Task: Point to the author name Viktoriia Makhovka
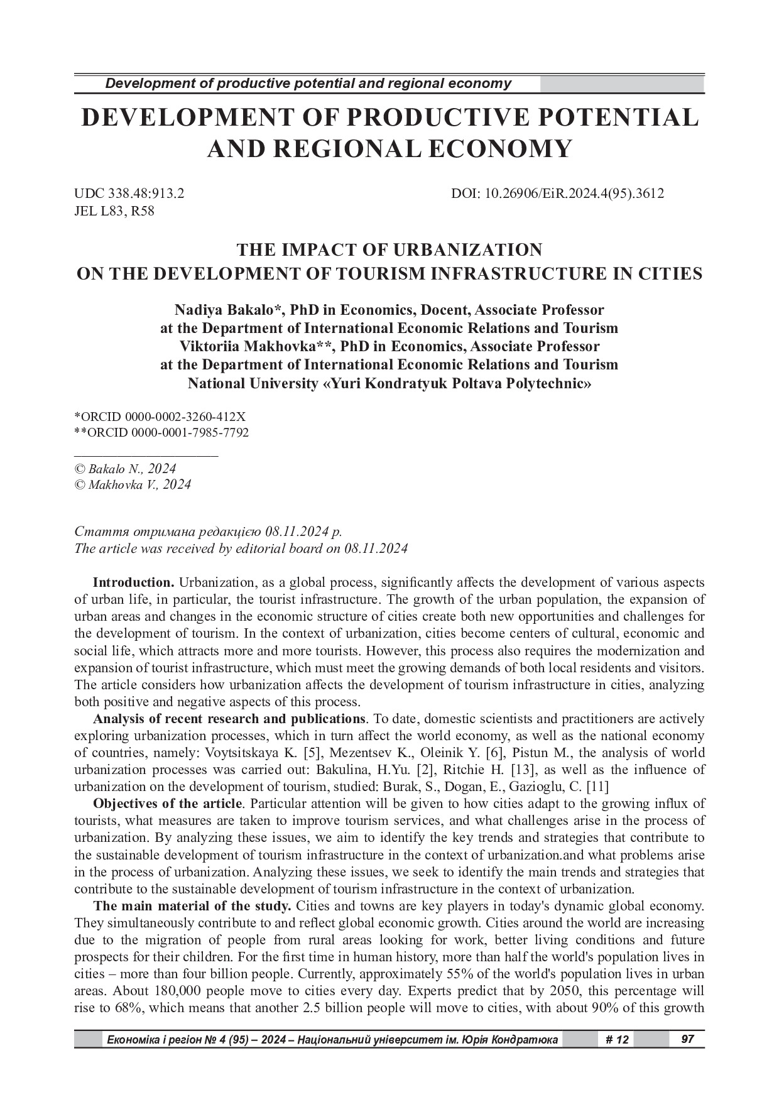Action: [239, 347]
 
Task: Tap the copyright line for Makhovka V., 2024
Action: [133, 485]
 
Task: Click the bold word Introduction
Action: [133, 582]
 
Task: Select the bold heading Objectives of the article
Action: [167, 804]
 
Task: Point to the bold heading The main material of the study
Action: [192, 907]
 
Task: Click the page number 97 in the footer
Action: [688, 1039]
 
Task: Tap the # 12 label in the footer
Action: [617, 1040]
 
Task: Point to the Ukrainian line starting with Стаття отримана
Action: [208, 532]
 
